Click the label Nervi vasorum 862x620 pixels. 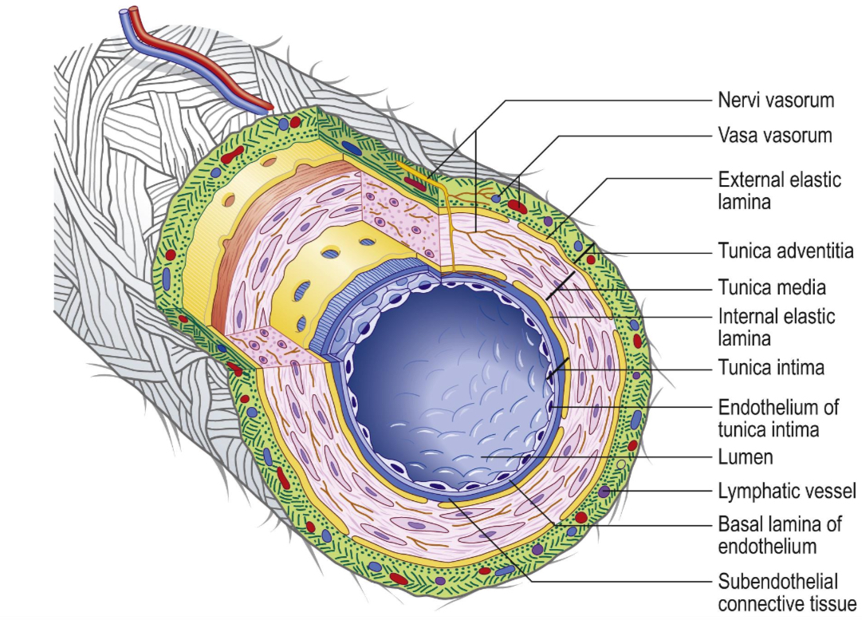775,101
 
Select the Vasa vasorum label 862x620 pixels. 775,136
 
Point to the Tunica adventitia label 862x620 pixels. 785,251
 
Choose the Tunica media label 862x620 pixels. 771,286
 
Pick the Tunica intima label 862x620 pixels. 770,368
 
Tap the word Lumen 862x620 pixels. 746,457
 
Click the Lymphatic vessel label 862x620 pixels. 786,490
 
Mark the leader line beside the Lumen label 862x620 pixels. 606,457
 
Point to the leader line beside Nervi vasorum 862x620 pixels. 606,101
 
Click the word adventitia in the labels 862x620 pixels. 814,251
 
